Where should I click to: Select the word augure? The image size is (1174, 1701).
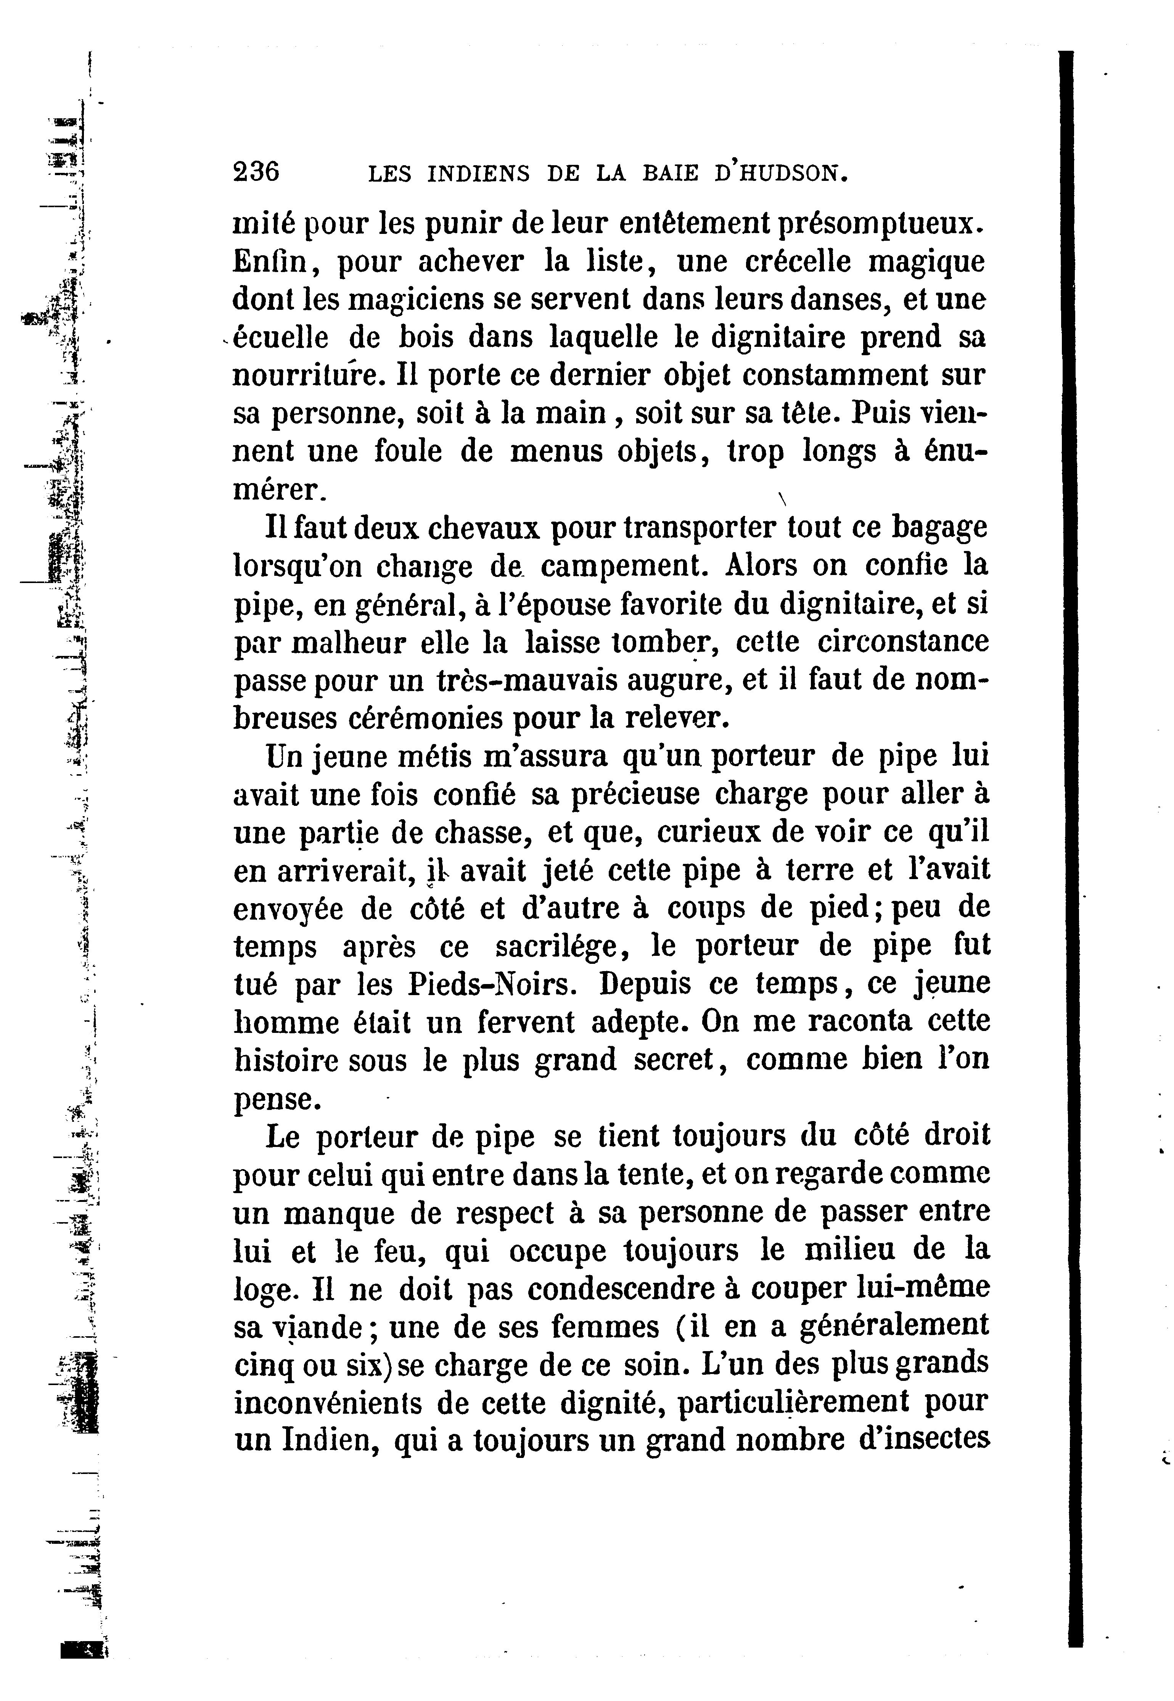tap(678, 681)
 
